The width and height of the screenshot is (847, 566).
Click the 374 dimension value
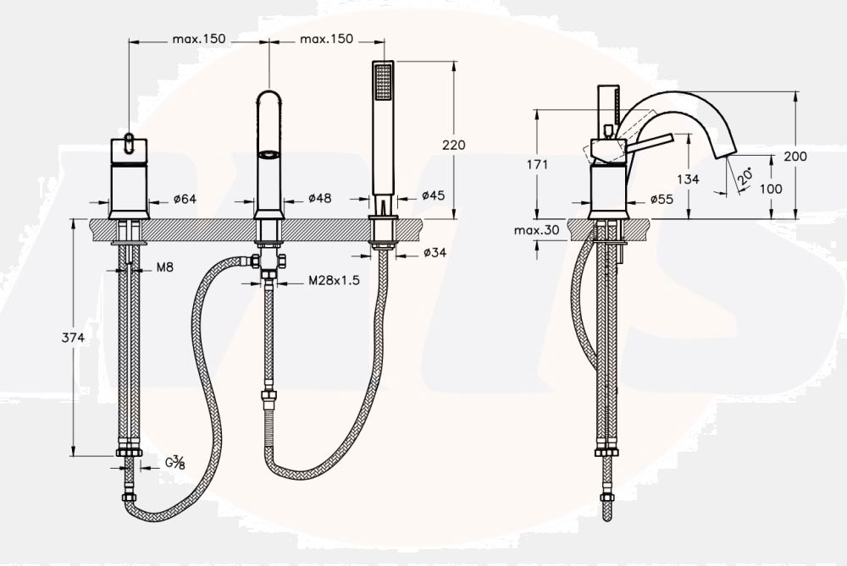[x=75, y=338]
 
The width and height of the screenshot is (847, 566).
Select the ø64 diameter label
[x=184, y=200]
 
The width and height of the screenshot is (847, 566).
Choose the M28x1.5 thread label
[x=333, y=280]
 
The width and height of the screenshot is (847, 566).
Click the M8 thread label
[x=165, y=267]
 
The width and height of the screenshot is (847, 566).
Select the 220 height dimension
[x=454, y=145]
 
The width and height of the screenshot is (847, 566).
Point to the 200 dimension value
[x=795, y=157]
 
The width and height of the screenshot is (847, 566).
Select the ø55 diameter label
[x=661, y=200]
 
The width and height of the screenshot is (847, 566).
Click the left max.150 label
[x=198, y=39]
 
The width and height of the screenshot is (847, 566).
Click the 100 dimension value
[x=771, y=189]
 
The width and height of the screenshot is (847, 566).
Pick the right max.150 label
[x=326, y=39]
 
